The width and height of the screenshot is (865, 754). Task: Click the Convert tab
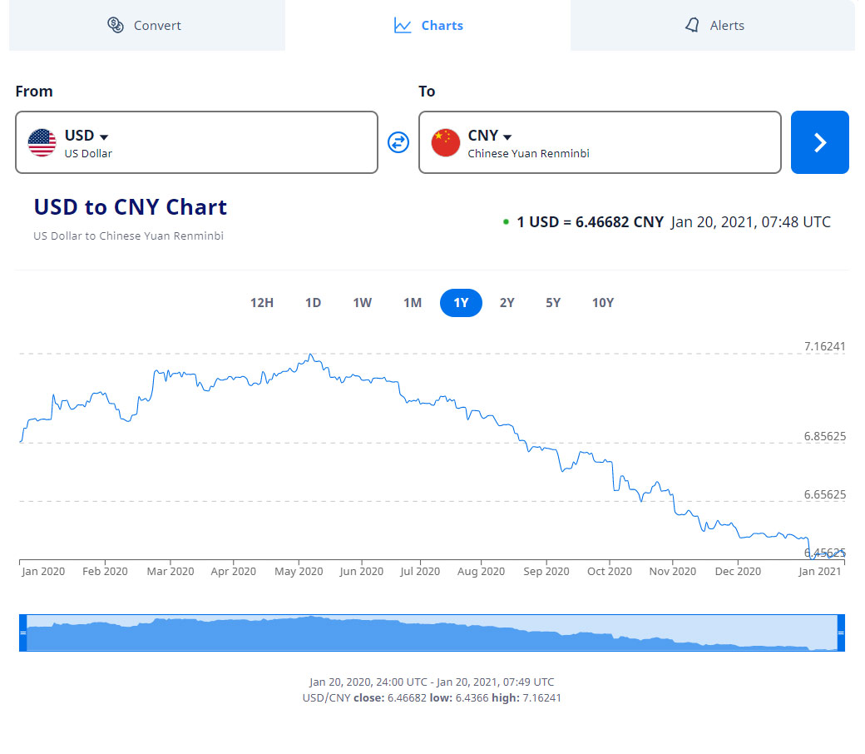(x=146, y=26)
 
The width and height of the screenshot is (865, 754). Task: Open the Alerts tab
(x=714, y=26)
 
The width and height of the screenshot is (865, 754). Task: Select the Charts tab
(x=428, y=26)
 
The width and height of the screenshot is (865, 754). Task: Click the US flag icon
(x=42, y=142)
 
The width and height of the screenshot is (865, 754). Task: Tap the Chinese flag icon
(x=446, y=142)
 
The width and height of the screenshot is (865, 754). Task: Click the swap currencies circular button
(x=398, y=142)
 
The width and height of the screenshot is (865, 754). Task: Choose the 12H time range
(x=262, y=303)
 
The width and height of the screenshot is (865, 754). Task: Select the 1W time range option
(x=362, y=303)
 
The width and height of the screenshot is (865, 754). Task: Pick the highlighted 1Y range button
(x=461, y=303)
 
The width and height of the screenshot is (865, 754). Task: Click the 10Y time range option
(x=603, y=303)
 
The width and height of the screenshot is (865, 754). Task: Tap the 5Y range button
(x=553, y=303)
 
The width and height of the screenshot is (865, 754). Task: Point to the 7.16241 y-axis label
(x=824, y=346)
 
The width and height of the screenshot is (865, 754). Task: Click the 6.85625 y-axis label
(x=824, y=436)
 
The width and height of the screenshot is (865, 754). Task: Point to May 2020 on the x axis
(x=299, y=571)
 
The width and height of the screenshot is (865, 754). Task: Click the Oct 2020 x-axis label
(x=610, y=571)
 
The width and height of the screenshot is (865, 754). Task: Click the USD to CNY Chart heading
(x=131, y=207)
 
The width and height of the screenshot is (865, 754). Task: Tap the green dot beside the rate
(x=506, y=222)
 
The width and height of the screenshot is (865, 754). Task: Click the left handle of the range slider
(x=23, y=632)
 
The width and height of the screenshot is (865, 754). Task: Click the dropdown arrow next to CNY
(x=507, y=137)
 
